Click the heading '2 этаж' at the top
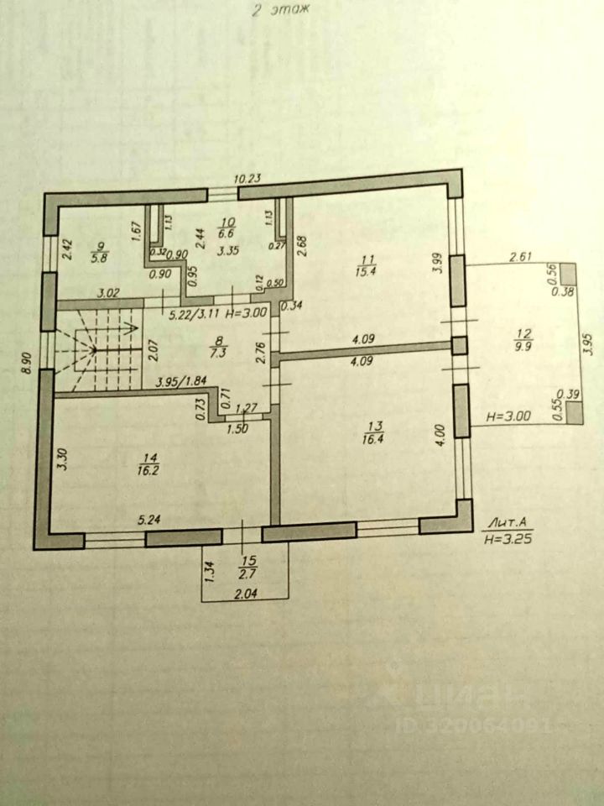click(280, 11)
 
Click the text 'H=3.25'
click(505, 542)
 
